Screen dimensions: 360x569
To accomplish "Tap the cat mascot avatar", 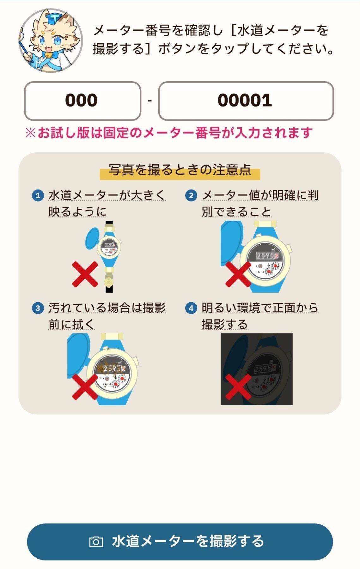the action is pos(50,41).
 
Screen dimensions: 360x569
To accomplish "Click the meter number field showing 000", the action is pos(82,101).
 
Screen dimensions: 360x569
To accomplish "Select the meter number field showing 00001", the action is pos(246,101).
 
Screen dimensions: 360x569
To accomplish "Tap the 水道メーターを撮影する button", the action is pos(180,541).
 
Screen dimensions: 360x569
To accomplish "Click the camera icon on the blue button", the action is pos(96,541).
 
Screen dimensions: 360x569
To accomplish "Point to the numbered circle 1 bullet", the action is pos(38,195).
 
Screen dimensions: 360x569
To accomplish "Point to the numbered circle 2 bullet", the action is pos(191,195).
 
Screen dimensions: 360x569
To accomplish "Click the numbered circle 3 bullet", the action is pos(38,308).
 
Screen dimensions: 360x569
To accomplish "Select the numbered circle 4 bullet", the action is pos(191,308).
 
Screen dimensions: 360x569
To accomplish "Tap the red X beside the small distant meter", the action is pos(85,274).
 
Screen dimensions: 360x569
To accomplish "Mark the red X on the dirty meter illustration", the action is pos(85,387).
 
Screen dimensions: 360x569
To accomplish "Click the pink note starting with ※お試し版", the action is pos(169,133).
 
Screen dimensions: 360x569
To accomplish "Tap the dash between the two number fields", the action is pos(149,101).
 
